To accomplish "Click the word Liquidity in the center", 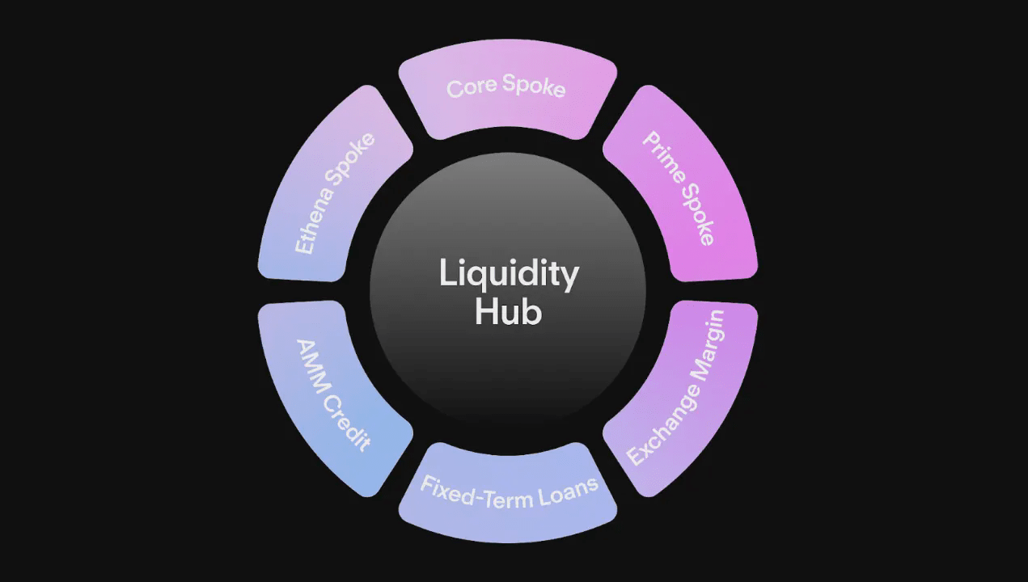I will tap(509, 274).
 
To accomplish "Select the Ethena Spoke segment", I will tap(333, 190).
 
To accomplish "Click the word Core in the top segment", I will tap(472, 86).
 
